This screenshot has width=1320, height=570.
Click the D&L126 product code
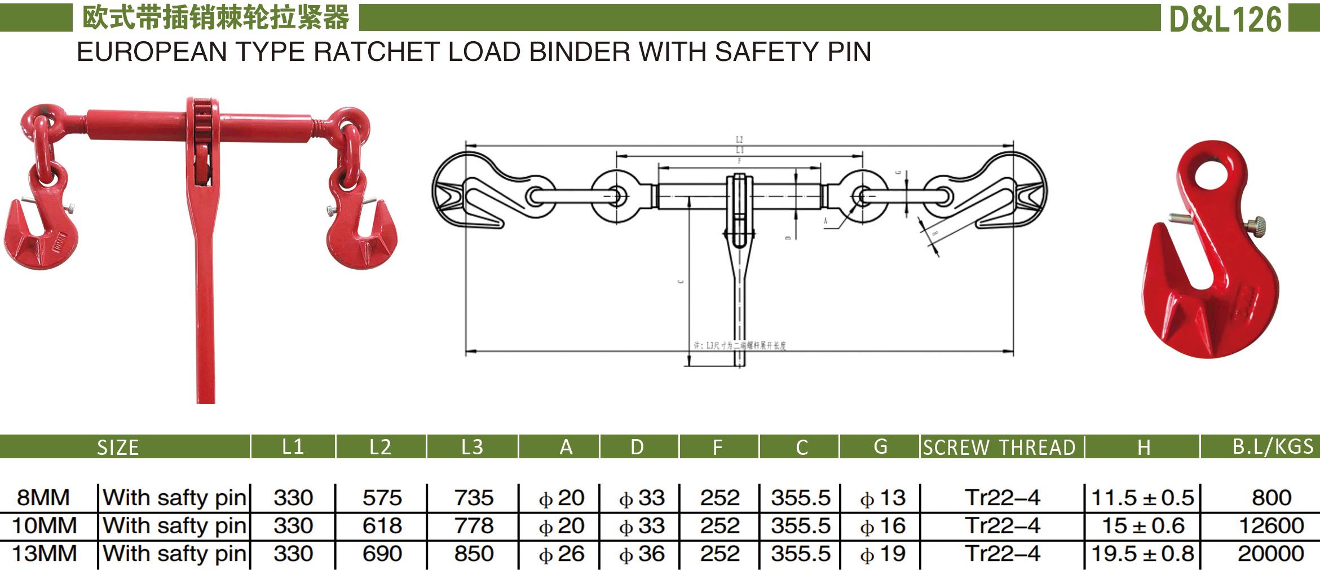click(x=1225, y=19)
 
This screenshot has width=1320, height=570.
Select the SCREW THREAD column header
click(x=999, y=448)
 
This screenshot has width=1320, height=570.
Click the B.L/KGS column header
click(x=1273, y=446)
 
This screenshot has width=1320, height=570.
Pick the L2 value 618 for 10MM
click(x=382, y=526)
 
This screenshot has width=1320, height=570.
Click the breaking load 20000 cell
click(x=1270, y=554)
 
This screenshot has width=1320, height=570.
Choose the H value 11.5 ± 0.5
click(x=1143, y=498)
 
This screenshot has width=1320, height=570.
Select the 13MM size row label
click(x=45, y=554)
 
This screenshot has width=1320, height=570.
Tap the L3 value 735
click(x=474, y=498)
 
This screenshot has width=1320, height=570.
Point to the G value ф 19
click(x=882, y=554)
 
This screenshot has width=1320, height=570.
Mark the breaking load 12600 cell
click(x=1271, y=526)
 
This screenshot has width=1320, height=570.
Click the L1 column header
click(x=293, y=447)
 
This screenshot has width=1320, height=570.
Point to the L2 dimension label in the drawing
click(x=739, y=139)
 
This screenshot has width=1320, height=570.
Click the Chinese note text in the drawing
click(x=739, y=345)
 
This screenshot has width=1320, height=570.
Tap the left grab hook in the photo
click(x=39, y=231)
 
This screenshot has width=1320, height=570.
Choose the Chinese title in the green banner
click(x=215, y=18)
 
